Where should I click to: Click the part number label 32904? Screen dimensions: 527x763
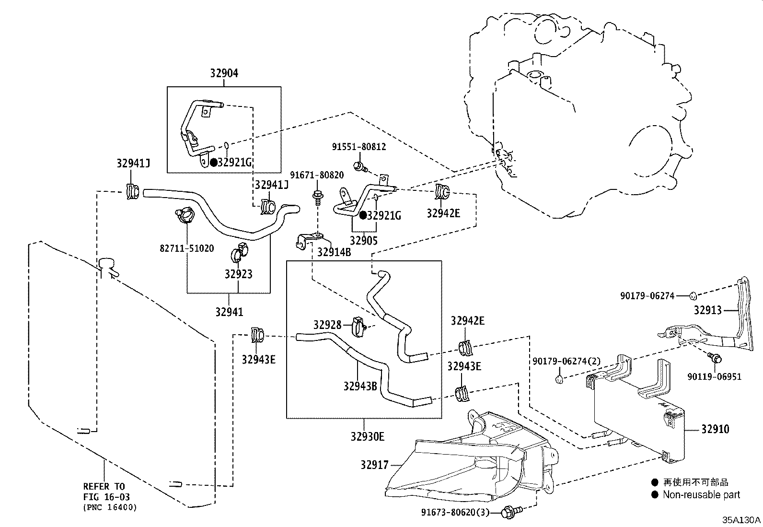(x=224, y=73)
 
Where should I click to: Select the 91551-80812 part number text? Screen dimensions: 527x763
(x=359, y=147)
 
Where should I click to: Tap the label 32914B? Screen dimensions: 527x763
(x=334, y=252)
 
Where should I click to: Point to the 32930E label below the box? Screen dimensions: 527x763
(x=367, y=436)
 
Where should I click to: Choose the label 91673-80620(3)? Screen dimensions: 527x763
(x=455, y=513)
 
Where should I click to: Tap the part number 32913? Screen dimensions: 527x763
(x=707, y=311)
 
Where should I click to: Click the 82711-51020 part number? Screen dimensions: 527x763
(x=186, y=248)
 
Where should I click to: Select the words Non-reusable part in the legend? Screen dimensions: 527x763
(x=701, y=495)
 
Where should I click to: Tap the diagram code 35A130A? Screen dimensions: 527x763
(x=741, y=520)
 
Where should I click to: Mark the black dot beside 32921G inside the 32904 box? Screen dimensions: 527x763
(x=213, y=162)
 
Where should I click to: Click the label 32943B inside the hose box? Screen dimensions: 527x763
(x=360, y=386)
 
